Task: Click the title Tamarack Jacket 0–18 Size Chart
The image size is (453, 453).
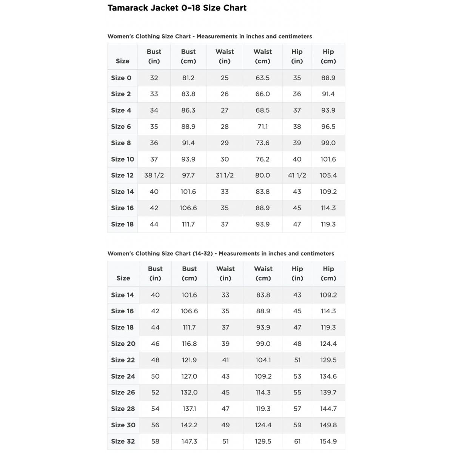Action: (x=177, y=8)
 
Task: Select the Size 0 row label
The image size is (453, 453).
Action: (x=121, y=78)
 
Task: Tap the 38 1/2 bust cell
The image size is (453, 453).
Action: (x=154, y=175)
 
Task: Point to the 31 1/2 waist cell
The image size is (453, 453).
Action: (x=225, y=175)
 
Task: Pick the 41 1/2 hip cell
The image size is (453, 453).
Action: (x=297, y=175)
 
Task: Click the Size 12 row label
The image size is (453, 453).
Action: (x=122, y=175)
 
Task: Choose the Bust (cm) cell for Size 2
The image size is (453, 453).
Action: (x=188, y=94)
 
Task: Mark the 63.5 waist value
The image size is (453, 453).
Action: (x=262, y=78)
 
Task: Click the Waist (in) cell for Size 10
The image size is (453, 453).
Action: (x=225, y=159)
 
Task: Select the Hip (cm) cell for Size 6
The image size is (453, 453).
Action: (x=328, y=126)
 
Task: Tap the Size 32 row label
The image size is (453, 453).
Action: (x=123, y=441)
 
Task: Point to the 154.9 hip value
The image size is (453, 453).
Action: (x=328, y=441)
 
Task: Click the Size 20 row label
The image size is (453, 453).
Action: (x=123, y=344)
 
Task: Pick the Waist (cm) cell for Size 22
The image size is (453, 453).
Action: (x=263, y=360)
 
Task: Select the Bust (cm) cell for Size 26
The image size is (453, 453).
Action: (x=189, y=392)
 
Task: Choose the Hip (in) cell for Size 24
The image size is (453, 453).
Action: (x=297, y=376)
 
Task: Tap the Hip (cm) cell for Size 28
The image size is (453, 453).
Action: (x=328, y=408)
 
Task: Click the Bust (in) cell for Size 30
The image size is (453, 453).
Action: (x=155, y=425)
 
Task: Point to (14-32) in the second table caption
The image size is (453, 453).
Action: (x=203, y=253)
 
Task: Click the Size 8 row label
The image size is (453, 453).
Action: (x=121, y=143)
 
